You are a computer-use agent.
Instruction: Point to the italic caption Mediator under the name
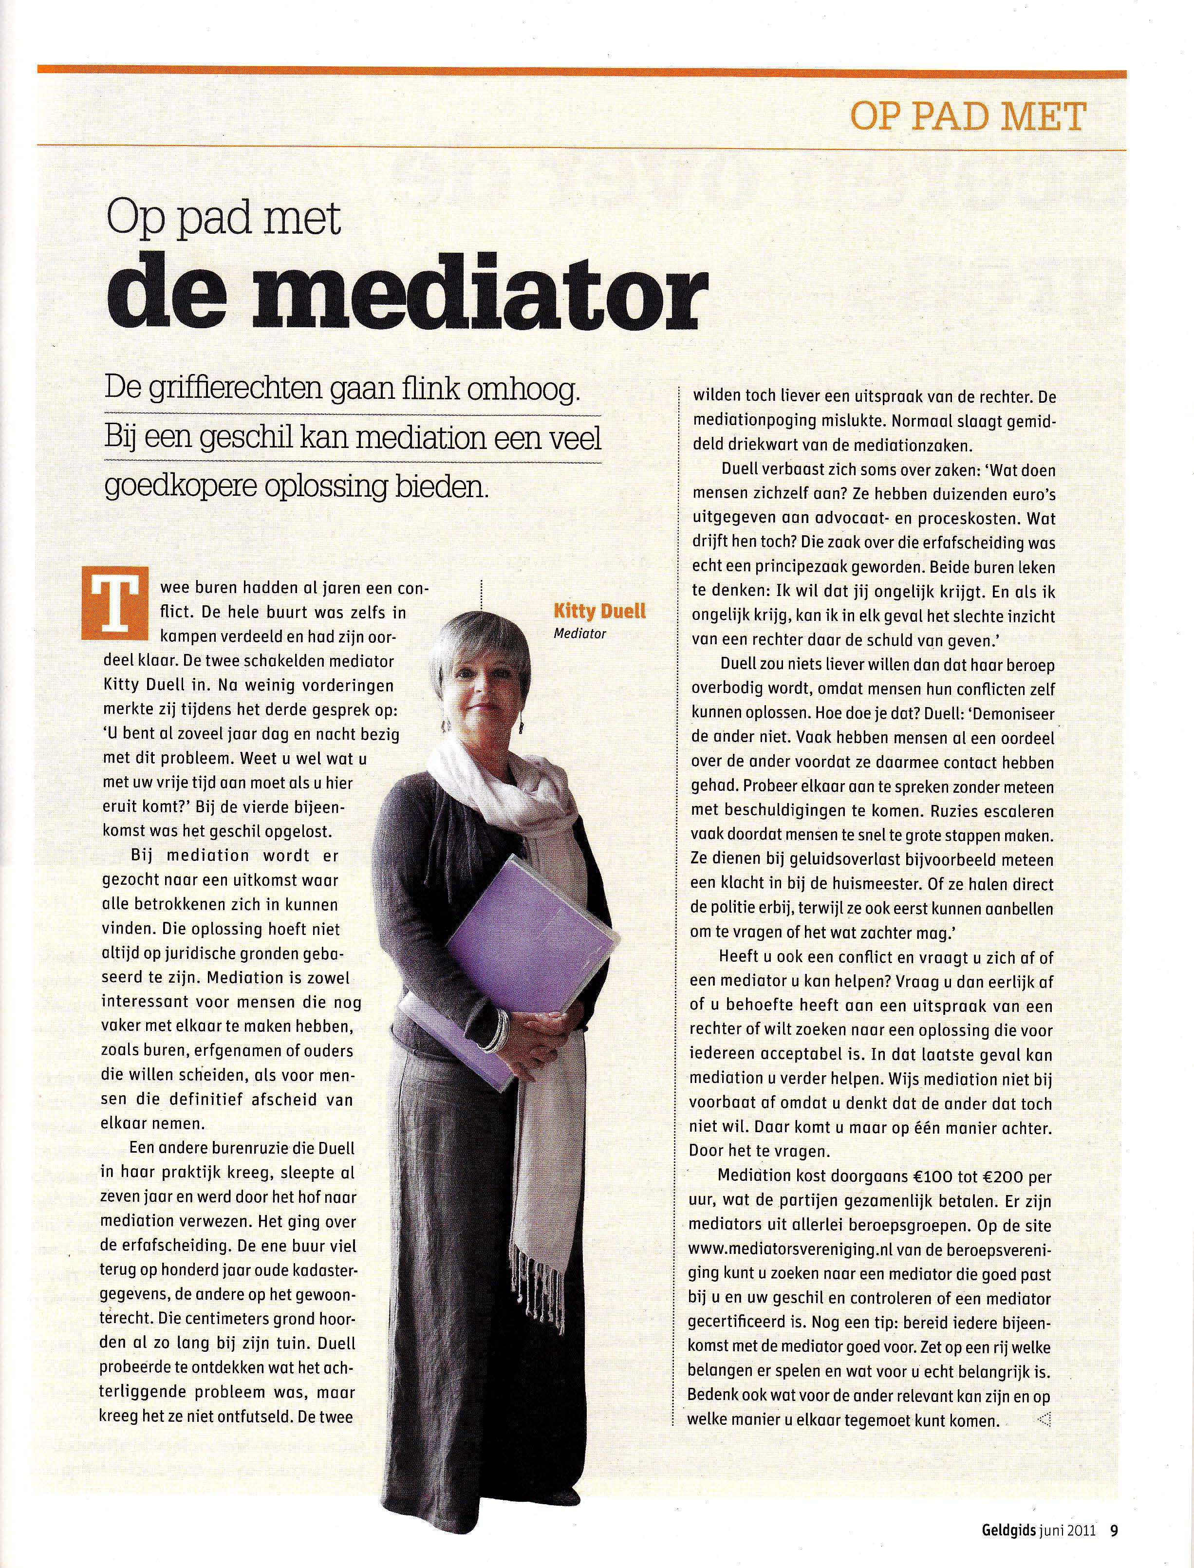coord(579,634)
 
